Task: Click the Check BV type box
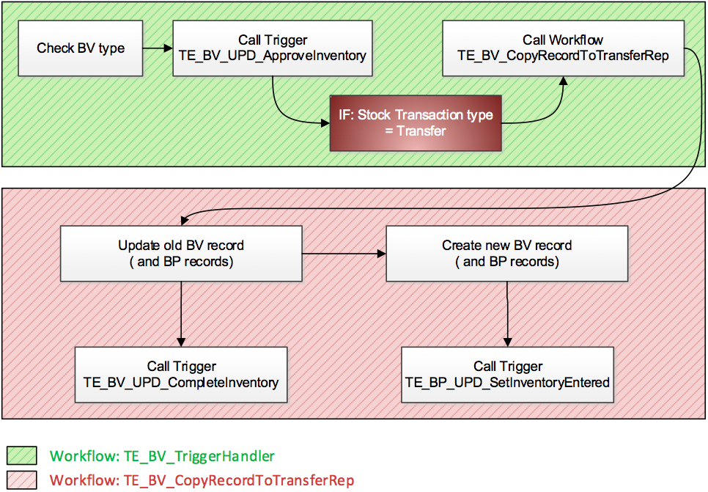tap(81, 48)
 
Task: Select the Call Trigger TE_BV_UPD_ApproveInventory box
tap(273, 48)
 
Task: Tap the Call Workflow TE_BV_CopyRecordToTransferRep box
tap(563, 48)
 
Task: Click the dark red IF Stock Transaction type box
tap(416, 123)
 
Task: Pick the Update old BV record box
tap(181, 254)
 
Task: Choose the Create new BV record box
tap(506, 254)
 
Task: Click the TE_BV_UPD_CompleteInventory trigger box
tap(181, 375)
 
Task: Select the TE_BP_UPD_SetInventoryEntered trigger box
tap(507, 375)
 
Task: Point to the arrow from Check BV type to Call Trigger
tap(158, 48)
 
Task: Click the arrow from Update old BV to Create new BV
tap(344, 254)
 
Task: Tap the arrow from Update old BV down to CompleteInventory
tap(181, 314)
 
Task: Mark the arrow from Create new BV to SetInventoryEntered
tap(507, 314)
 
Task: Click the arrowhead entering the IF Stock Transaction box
tap(325, 122)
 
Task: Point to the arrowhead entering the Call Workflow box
tap(563, 81)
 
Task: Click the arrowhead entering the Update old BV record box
tap(184, 221)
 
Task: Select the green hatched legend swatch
tap(22, 456)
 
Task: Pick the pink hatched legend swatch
tap(22, 480)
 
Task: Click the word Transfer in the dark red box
tap(421, 131)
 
